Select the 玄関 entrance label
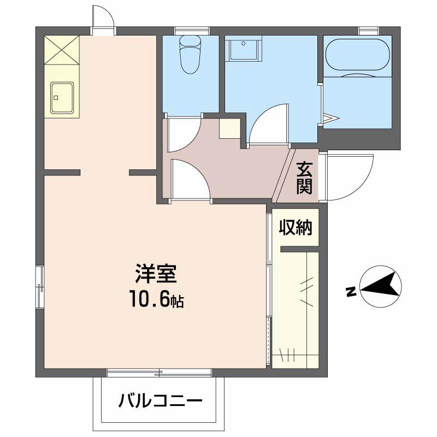click(x=305, y=178)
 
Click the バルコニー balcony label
click(x=161, y=403)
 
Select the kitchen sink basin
click(x=62, y=98)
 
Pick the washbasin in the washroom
click(x=240, y=50)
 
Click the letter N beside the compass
click(x=352, y=292)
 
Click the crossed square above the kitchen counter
click(x=62, y=50)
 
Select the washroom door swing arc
click(x=268, y=123)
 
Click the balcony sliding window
click(x=159, y=373)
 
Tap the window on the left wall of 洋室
click(x=39, y=286)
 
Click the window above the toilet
click(x=192, y=30)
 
